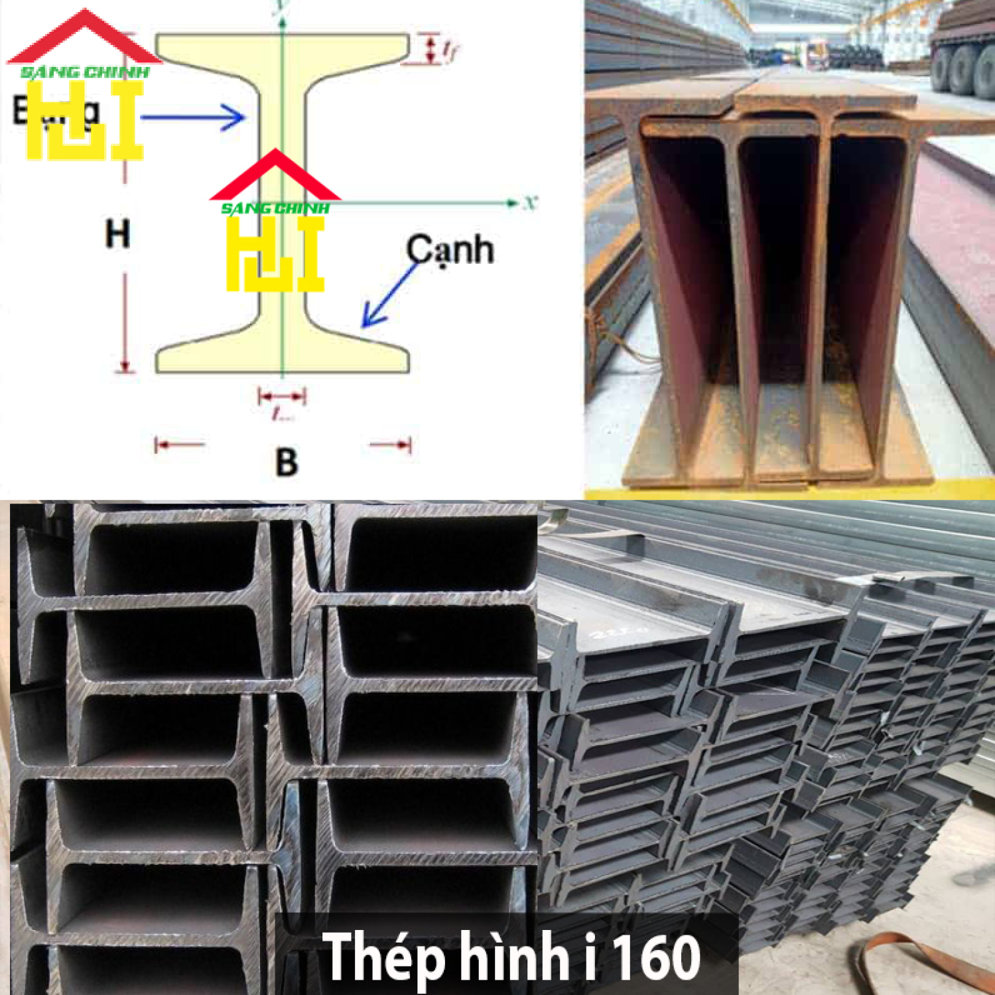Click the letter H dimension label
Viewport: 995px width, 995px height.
pos(117,233)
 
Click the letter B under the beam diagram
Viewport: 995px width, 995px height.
pos(286,462)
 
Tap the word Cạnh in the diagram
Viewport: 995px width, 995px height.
pos(450,250)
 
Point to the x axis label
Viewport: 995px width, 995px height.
pos(529,202)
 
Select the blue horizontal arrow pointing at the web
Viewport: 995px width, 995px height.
pos(192,118)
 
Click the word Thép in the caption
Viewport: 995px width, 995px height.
pos(383,956)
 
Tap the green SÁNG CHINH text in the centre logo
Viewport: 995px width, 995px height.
pos(275,208)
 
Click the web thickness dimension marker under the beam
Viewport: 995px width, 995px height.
pos(283,397)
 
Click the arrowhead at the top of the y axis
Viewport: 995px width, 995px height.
pos(283,20)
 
